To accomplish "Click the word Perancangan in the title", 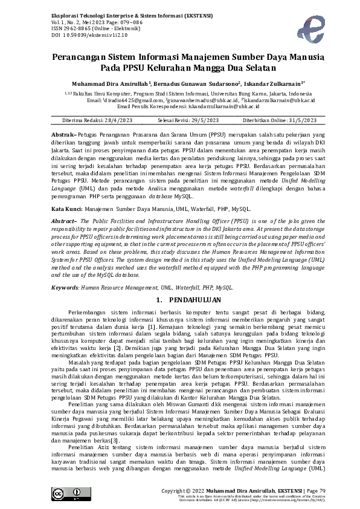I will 79,59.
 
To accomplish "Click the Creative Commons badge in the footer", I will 67,493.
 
